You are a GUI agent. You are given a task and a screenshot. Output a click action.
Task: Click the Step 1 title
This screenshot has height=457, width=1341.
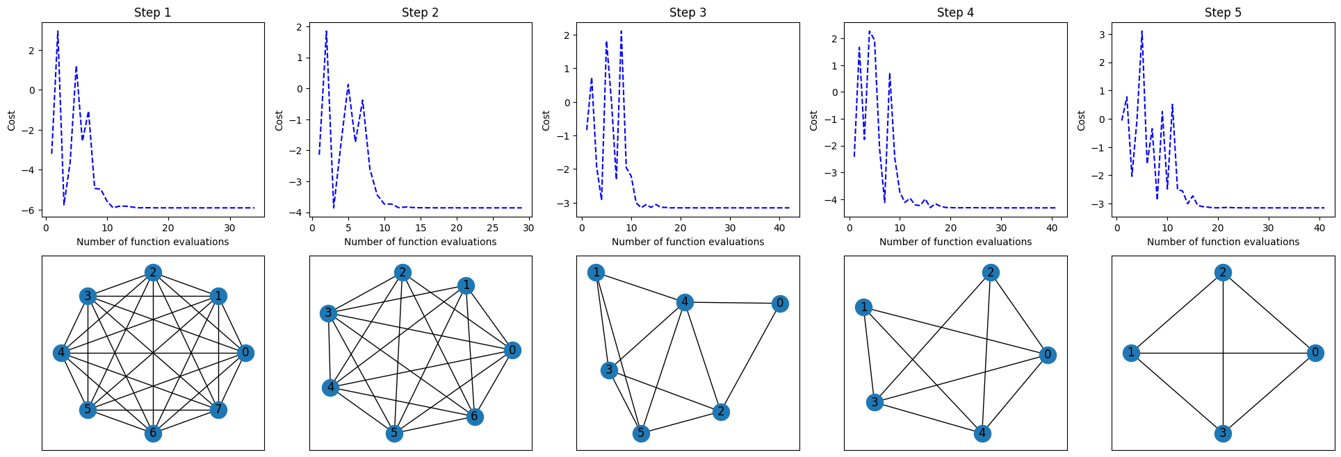[152, 13]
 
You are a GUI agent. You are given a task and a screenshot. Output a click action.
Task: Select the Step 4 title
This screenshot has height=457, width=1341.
[955, 13]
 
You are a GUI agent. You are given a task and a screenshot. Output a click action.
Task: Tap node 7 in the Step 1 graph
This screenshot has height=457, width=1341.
[218, 409]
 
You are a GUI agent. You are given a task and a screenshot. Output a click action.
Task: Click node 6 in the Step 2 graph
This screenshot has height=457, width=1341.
[475, 417]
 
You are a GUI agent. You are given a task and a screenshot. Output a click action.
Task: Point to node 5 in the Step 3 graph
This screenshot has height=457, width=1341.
[641, 433]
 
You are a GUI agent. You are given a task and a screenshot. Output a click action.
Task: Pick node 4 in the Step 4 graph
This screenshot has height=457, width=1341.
[982, 433]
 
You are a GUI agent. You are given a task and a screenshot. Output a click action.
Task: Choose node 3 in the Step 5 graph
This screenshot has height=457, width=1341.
[1223, 433]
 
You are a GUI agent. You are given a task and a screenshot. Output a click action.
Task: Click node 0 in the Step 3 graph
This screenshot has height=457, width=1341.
[780, 304]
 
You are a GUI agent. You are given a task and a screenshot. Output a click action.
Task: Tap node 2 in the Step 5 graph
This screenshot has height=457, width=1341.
[1223, 272]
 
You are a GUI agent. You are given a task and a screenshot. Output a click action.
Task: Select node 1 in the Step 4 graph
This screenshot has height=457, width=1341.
[863, 307]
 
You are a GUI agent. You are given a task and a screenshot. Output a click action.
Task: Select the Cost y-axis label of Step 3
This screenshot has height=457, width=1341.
[546, 120]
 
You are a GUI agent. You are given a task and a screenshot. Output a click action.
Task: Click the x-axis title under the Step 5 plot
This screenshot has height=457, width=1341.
[1223, 242]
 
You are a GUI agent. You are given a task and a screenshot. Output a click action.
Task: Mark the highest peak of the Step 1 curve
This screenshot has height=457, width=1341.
[58, 31]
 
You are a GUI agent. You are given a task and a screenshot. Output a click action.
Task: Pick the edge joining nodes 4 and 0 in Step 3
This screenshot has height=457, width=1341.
[732, 302]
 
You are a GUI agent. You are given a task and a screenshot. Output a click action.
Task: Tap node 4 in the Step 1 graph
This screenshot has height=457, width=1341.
[61, 353]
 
